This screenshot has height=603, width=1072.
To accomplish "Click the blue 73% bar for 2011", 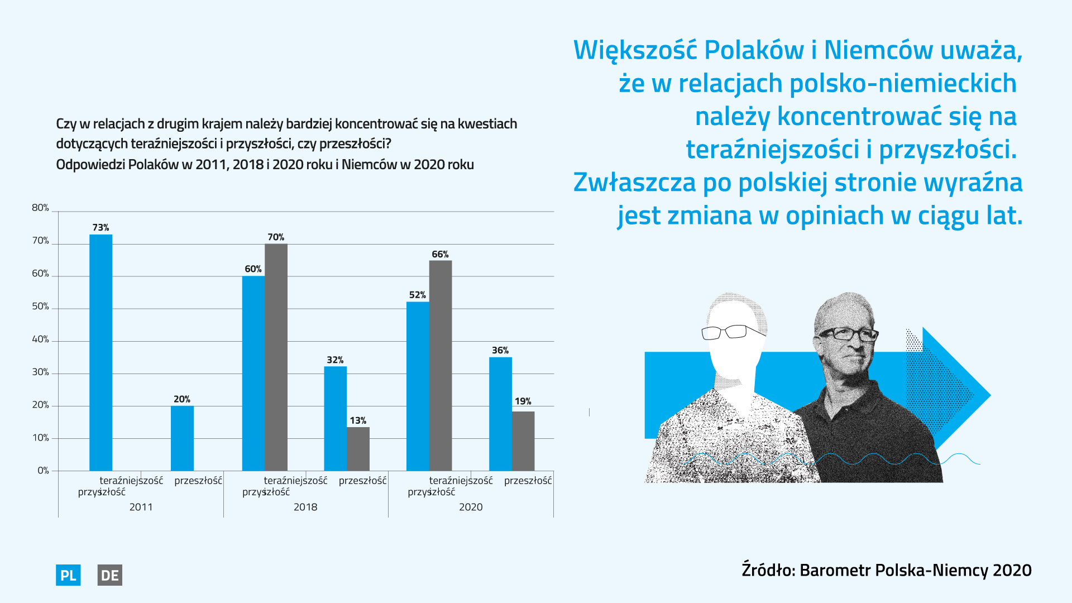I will [100, 352].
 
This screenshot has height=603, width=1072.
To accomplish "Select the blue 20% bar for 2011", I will [182, 438].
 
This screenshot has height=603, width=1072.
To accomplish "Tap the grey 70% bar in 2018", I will [276, 357].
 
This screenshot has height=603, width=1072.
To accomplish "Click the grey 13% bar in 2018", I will [358, 449].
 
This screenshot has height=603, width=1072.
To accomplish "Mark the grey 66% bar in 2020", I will [441, 366].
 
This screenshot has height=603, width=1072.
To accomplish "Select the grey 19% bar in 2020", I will [523, 441].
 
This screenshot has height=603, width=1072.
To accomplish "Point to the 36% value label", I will [500, 351].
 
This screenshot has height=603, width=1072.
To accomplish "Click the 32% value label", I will [335, 360].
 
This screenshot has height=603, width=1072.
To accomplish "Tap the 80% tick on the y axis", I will [40, 208].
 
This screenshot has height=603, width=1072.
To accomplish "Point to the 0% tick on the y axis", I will [43, 471].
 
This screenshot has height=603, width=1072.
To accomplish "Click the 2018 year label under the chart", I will [305, 507].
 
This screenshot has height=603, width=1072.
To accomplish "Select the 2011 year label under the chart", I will [141, 507].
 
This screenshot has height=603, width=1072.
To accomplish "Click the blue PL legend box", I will [68, 575].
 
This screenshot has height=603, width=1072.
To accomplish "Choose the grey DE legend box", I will [109, 575].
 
